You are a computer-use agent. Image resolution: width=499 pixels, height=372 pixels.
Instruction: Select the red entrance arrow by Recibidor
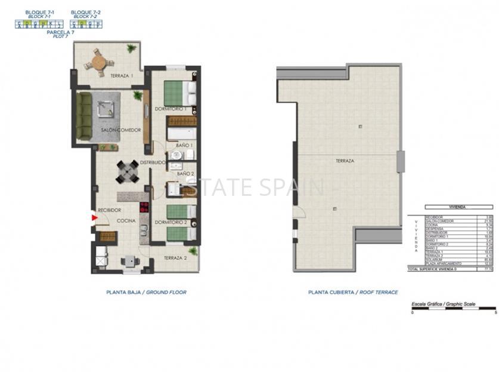[94, 218]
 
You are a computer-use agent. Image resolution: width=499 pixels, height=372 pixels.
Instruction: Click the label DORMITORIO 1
[171, 109]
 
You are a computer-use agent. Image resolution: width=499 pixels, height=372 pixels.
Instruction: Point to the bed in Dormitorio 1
[179, 93]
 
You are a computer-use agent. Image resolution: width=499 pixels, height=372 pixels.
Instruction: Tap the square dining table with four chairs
[128, 172]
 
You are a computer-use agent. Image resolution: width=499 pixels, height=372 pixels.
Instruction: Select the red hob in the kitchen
[144, 208]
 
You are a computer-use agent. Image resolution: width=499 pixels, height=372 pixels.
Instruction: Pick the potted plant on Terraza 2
[192, 251]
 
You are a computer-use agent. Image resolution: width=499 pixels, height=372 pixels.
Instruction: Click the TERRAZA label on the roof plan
[345, 161]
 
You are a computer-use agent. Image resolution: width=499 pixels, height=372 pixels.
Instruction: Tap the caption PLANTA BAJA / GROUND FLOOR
[146, 293]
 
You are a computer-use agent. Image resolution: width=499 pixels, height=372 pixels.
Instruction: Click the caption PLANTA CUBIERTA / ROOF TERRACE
[353, 293]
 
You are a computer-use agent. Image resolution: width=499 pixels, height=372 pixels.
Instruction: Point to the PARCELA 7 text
[61, 32]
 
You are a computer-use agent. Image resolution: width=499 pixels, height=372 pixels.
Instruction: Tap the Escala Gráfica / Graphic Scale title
[444, 304]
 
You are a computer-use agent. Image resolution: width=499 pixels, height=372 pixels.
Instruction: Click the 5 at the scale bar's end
[495, 312]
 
